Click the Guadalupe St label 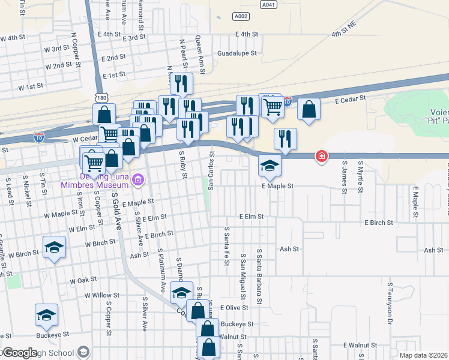(237, 53)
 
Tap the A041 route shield (270, 4)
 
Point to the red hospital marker (322, 157)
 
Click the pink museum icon (139, 179)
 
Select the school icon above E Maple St (270, 166)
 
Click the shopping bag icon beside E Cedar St (308, 110)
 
